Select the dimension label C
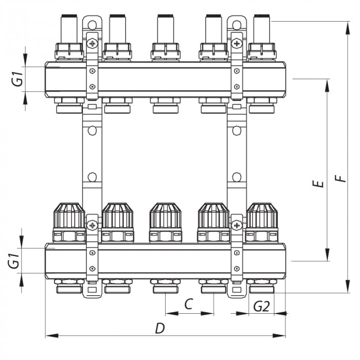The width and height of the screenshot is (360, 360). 188,304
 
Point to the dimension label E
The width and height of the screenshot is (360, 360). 319,183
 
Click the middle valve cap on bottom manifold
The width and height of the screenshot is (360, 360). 165,216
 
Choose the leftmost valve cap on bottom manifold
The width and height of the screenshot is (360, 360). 69,216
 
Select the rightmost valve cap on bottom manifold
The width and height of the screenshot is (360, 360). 262,216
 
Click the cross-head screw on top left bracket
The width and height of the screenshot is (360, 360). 92,43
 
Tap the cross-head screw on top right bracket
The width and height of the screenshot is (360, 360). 237,43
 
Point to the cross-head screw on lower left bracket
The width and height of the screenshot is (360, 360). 92,225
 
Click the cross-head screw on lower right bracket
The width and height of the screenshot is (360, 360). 237,225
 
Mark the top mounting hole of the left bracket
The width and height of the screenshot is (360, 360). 92,24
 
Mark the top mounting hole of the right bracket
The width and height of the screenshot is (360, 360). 237,24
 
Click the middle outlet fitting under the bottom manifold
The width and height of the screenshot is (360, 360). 165,286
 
